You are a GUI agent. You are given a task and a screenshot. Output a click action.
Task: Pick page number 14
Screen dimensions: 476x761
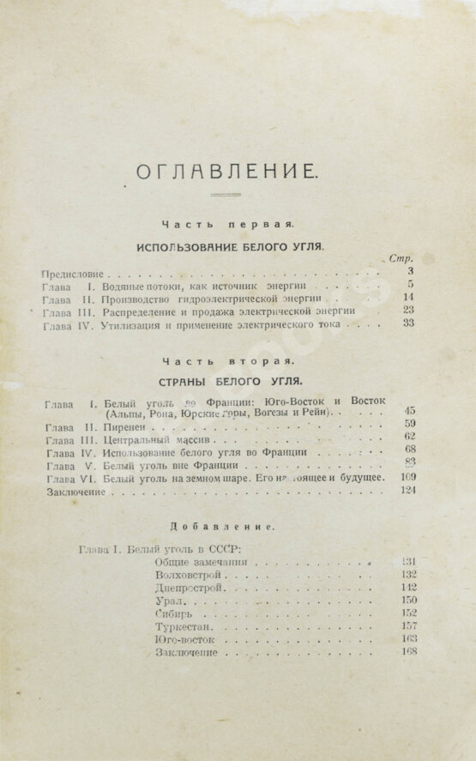click(408, 297)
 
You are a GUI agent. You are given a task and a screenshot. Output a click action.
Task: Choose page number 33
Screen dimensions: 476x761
click(408, 323)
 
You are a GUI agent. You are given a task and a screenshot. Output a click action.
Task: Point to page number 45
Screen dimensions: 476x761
click(409, 412)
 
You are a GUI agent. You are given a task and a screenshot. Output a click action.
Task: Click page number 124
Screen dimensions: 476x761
click(407, 491)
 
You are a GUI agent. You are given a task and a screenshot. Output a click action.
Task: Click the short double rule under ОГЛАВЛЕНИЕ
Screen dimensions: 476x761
click(226, 196)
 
